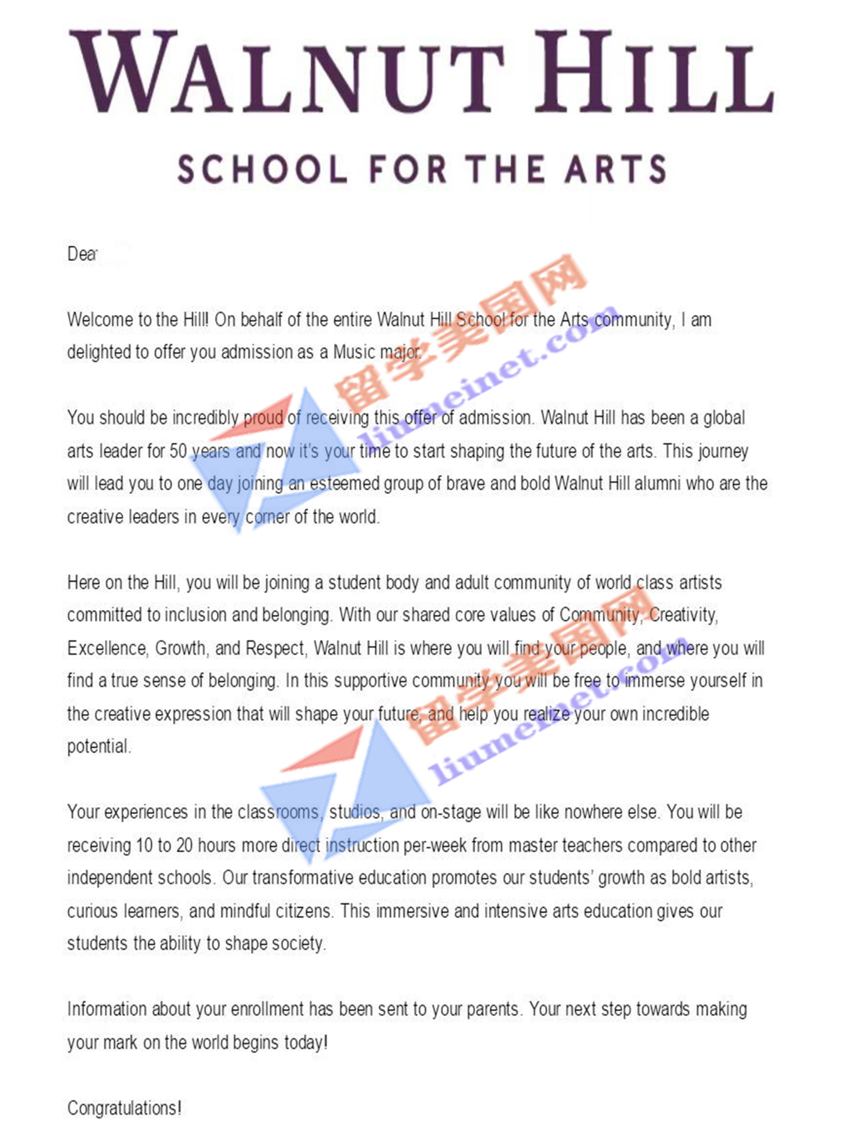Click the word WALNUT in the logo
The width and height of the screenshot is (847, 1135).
point(287,72)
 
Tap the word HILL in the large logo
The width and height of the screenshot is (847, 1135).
point(654,72)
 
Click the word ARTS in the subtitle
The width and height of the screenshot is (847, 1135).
point(615,169)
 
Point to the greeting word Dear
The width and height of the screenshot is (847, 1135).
point(82,254)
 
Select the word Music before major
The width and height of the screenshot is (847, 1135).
point(354,352)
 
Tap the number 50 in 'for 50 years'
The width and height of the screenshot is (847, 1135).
point(178,451)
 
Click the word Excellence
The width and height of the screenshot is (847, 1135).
point(108,648)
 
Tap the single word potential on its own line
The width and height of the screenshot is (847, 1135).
point(99,747)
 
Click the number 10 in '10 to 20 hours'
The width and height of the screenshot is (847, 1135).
point(144,845)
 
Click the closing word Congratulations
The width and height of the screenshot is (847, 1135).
point(123,1108)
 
